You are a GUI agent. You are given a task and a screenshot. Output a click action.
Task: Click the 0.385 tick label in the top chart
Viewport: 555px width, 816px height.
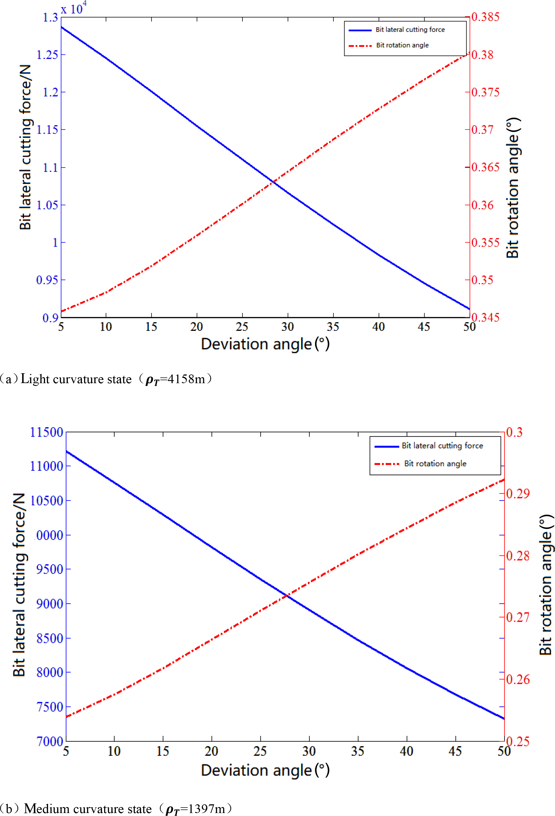485,17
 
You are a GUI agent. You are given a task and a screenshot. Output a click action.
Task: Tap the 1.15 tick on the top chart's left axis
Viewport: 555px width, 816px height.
47,129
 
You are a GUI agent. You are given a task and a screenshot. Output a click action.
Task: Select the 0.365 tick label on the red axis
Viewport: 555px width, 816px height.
485,167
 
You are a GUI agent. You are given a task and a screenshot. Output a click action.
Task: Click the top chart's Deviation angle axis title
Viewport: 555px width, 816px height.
265,344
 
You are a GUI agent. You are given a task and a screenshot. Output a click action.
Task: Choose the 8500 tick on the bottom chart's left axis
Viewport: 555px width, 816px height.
49,638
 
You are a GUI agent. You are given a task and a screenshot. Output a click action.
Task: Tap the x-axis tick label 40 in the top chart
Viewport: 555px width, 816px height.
378,327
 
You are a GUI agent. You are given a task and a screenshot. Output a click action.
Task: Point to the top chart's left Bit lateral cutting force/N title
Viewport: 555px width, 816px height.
25,147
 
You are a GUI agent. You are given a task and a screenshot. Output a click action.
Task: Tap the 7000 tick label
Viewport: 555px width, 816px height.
49,741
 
